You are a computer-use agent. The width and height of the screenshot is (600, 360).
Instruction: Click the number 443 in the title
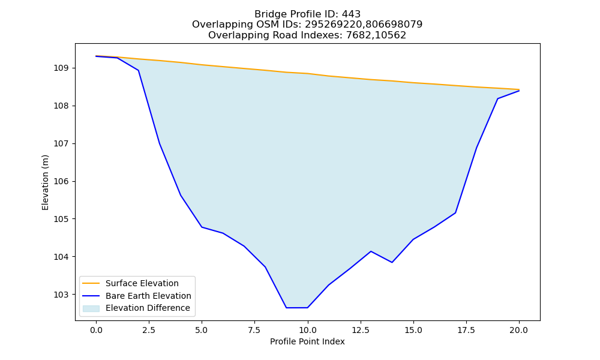coord(351,14)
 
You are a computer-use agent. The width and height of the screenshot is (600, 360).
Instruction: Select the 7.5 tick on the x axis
coord(254,330)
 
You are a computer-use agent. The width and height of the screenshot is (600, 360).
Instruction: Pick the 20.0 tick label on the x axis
coord(519,330)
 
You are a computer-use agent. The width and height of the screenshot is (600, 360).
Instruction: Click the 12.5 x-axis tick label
coord(360,330)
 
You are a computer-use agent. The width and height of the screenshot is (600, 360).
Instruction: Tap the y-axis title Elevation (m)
coord(45,182)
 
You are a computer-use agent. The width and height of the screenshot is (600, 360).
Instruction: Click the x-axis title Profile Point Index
coord(307,341)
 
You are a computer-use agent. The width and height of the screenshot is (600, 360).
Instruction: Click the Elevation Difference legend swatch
coord(91,308)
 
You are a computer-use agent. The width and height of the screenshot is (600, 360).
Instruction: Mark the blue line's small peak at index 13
coord(371,251)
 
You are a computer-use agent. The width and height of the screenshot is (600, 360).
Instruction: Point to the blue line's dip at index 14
coord(392,262)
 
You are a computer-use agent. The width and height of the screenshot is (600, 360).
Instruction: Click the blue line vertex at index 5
coord(202,227)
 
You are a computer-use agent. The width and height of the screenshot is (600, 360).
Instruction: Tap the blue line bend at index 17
coord(455,213)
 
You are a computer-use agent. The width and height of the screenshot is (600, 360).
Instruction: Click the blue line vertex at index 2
coord(138,70)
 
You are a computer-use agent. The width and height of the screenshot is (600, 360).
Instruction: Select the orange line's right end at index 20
coord(519,89)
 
